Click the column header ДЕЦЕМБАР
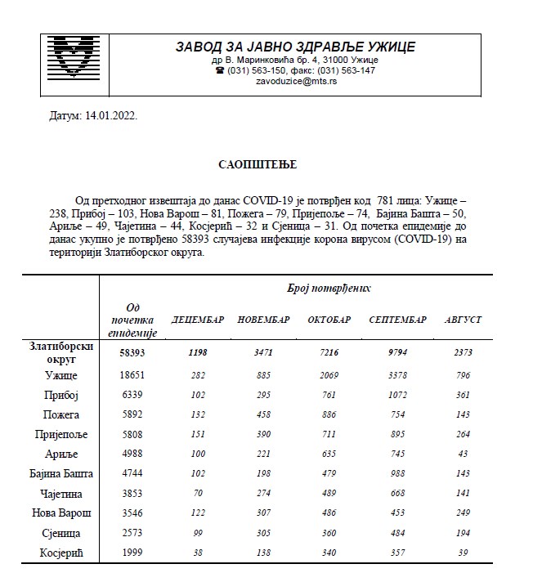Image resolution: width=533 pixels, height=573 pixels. click(197, 319)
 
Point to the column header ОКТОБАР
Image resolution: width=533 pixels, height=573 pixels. click(329, 319)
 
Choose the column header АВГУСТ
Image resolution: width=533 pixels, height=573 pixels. click(462, 319)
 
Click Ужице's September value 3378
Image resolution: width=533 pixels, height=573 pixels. click(398, 375)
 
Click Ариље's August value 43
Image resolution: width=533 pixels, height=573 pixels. click(462, 454)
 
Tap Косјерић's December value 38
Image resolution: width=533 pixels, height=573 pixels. click(197, 553)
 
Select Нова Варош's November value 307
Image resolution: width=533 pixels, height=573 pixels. click(263, 513)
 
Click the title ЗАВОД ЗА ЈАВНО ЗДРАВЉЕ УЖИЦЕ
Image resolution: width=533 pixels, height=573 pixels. click(295, 46)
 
